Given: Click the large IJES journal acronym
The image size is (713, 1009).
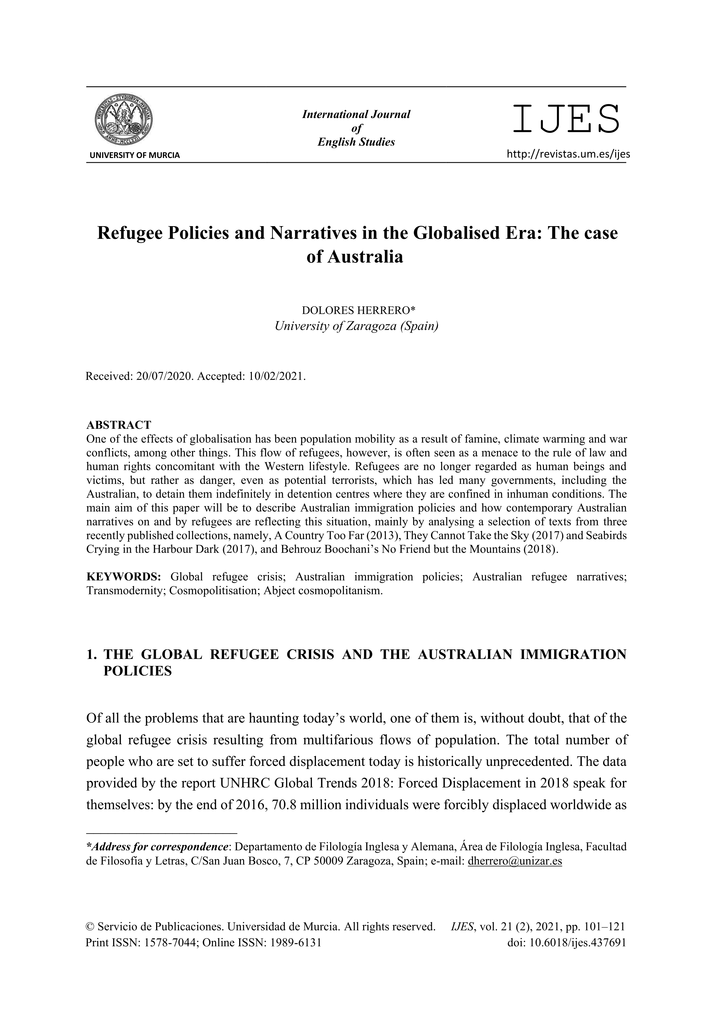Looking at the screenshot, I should [566, 119].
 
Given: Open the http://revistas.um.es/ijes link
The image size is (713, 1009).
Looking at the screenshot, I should [568, 154].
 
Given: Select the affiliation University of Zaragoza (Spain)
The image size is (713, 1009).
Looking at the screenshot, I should [356, 326].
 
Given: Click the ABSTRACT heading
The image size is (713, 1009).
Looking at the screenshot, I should [118, 425].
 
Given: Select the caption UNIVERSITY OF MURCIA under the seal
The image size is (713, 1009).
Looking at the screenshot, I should [135, 155].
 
